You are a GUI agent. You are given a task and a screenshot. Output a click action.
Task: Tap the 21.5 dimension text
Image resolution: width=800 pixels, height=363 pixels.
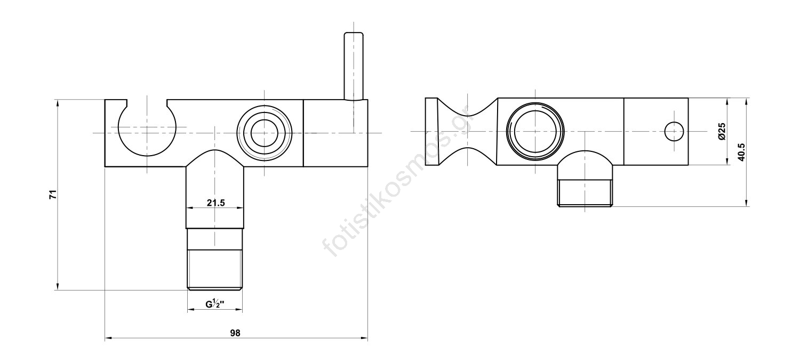click(x=215, y=203)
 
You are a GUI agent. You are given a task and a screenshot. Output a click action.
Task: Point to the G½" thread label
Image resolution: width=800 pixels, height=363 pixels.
click(x=214, y=304)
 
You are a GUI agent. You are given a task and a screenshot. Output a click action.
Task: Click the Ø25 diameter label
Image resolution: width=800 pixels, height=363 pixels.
click(x=722, y=131)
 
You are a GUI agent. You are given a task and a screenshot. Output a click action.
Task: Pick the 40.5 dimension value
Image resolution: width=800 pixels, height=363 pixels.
click(x=741, y=152)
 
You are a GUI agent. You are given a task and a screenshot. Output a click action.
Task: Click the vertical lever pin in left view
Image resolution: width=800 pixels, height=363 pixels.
click(x=354, y=66)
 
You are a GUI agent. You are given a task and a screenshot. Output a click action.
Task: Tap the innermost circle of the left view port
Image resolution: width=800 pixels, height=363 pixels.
click(x=265, y=133)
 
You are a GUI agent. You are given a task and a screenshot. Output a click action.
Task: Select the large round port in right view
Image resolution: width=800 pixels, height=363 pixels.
click(x=535, y=132)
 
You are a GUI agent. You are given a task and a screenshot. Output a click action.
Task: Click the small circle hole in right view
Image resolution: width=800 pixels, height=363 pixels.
click(x=674, y=131)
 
